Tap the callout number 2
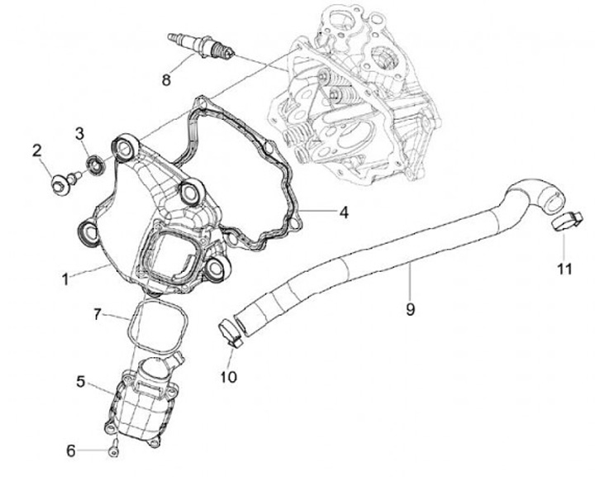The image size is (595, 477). point(36,150)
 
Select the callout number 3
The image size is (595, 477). point(80,133)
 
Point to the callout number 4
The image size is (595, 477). point(343,212)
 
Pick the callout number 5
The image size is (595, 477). point(80,381)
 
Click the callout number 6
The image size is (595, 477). point(71,451)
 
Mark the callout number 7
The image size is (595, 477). point(97,314)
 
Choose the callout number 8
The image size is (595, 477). point(166,80)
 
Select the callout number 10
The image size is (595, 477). point(229,377)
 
